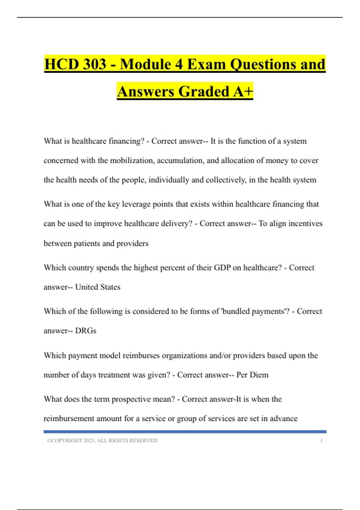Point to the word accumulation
(180, 160)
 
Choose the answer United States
(98, 287)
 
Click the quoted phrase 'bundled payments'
(255, 311)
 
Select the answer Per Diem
(252, 375)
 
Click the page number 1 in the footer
(322, 440)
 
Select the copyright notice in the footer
(102, 440)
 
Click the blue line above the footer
(185, 432)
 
